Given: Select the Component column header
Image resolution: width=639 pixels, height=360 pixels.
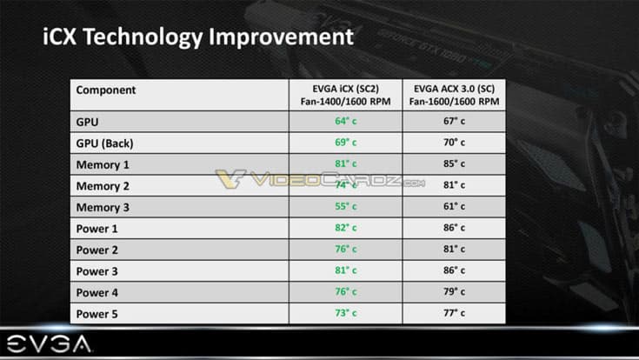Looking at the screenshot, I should [106, 90].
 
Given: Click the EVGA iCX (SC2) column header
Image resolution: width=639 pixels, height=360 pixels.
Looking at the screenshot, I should [345, 96].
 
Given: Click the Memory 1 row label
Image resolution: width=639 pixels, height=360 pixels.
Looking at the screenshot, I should [103, 164].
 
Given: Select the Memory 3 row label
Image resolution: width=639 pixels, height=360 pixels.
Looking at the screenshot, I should [103, 207].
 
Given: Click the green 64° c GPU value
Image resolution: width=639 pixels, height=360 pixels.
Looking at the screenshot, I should [346, 122].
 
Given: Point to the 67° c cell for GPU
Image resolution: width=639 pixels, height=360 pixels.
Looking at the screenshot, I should [453, 122].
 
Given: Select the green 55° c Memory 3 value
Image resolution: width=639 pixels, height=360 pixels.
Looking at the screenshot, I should [346, 207].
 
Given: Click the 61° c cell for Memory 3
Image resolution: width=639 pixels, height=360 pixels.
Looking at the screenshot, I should [453, 207].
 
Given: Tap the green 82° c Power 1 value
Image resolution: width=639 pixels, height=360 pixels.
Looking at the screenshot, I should [346, 228].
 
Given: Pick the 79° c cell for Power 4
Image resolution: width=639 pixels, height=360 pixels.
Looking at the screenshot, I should [453, 292].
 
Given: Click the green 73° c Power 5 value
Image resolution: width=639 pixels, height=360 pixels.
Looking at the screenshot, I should [346, 313].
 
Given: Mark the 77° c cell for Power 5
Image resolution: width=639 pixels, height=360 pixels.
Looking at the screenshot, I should [453, 313].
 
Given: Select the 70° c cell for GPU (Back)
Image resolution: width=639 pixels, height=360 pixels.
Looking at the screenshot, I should [453, 143].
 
